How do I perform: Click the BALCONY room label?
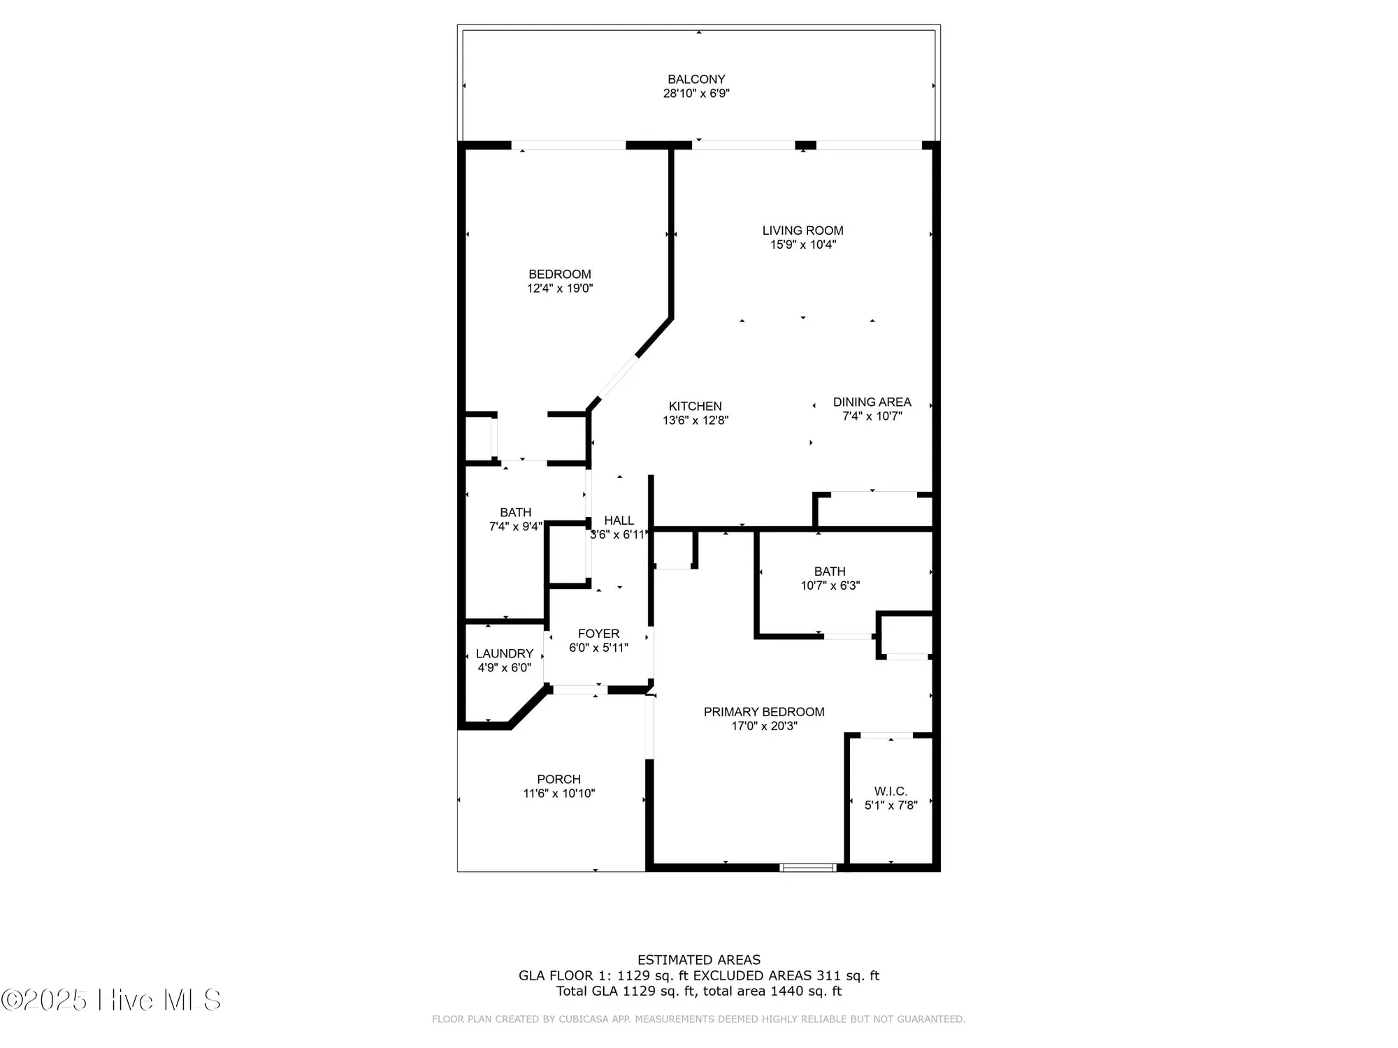696,80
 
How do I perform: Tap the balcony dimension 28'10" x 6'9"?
696,94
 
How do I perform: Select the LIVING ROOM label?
802,231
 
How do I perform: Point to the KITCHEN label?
695,407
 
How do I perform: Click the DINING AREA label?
872,402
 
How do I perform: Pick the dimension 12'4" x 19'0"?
560,289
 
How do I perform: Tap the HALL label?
619,521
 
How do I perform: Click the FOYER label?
598,634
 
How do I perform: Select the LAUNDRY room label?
504,654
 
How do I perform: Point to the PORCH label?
559,779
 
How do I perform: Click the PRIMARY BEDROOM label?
764,712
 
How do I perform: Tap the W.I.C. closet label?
891,792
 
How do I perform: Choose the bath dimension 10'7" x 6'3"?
830,585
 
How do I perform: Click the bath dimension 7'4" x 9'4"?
515,527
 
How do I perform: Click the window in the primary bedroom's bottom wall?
808,868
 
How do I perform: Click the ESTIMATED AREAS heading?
699,960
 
